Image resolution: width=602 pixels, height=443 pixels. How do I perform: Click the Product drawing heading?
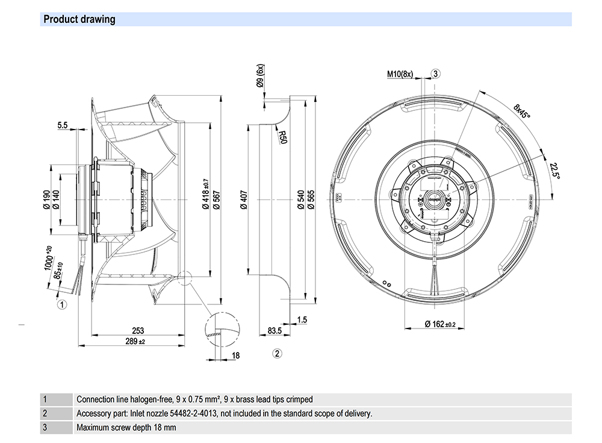79,19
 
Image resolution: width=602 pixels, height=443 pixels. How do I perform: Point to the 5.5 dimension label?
63,125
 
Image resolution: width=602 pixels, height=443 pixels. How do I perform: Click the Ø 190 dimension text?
46,199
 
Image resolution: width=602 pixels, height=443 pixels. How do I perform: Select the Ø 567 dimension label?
216,199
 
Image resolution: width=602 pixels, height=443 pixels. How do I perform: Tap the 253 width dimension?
138,331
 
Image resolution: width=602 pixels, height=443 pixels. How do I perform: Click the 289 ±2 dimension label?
134,342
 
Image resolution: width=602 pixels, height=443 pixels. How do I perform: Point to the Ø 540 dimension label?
300,199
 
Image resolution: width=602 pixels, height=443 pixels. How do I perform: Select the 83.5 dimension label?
275,331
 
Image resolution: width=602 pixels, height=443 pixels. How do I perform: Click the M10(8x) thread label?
400,74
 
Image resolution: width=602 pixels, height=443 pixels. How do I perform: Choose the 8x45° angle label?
522,112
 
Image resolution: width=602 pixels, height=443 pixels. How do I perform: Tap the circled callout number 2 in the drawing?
277,353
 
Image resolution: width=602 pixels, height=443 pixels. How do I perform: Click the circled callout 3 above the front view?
436,74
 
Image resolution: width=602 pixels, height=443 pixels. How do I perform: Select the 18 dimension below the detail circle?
236,356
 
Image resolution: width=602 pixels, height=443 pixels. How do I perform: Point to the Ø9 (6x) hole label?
260,78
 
